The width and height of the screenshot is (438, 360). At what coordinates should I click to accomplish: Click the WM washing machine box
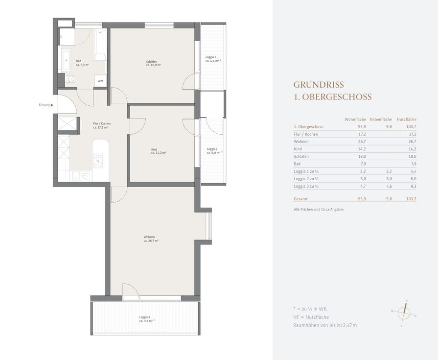pyautogui.click(x=100, y=81)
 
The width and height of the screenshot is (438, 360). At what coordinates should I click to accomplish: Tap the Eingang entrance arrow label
pyautogui.click(x=46, y=105)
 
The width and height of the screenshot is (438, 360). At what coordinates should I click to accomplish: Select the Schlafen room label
pyautogui.click(x=154, y=63)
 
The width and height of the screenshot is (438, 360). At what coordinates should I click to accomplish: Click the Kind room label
pyautogui.click(x=159, y=151)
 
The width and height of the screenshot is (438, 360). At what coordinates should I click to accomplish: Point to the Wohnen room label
pyautogui.click(x=151, y=239)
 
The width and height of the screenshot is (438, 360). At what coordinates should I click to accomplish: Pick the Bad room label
pyautogui.click(x=82, y=63)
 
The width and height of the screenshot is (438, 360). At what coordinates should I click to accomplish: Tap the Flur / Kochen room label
pyautogui.click(x=102, y=125)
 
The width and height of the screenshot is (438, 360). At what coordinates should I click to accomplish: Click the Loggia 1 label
pyautogui.click(x=213, y=59)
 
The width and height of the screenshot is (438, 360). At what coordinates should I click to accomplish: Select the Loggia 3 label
pyautogui.click(x=147, y=319)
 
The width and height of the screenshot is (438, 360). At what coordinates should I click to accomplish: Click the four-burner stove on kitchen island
pyautogui.click(x=98, y=161)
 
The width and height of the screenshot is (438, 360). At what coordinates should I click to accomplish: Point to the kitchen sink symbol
pyautogui.click(x=81, y=176)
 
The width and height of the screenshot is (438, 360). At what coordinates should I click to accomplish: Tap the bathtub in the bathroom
pyautogui.click(x=100, y=44)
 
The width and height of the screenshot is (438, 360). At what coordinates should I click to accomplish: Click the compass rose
pyautogui.click(x=404, y=313)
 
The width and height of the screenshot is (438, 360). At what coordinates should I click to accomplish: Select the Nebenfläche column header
pyautogui.click(x=381, y=120)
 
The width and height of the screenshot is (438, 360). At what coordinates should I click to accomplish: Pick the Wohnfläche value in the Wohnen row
pyautogui.click(x=362, y=142)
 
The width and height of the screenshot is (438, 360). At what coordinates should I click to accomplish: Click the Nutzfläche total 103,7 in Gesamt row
pyautogui.click(x=411, y=199)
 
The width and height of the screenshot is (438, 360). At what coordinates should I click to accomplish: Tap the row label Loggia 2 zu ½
pyautogui.click(x=306, y=179)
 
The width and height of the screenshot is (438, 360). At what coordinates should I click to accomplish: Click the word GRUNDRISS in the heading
pyautogui.click(x=319, y=84)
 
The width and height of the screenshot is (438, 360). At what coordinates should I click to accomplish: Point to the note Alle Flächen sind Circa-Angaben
pyautogui.click(x=319, y=209)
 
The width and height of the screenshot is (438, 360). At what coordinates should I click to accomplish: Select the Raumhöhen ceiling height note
pyautogui.click(x=325, y=325)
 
